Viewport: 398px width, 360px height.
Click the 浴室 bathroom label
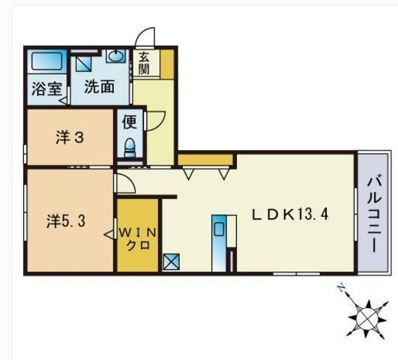(46, 88)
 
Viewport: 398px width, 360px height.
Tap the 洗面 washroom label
(99, 86)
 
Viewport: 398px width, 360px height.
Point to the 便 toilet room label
(129, 121)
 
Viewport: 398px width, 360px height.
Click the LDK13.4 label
(289, 214)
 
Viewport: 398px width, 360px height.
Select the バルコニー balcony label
(374, 212)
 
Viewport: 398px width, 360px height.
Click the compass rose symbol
(367, 318)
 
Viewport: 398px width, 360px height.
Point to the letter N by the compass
(341, 289)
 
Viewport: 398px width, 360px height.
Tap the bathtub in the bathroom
(46, 61)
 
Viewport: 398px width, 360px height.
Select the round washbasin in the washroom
(116, 56)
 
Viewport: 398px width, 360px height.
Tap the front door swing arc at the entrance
(146, 37)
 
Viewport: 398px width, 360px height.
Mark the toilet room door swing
(156, 120)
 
